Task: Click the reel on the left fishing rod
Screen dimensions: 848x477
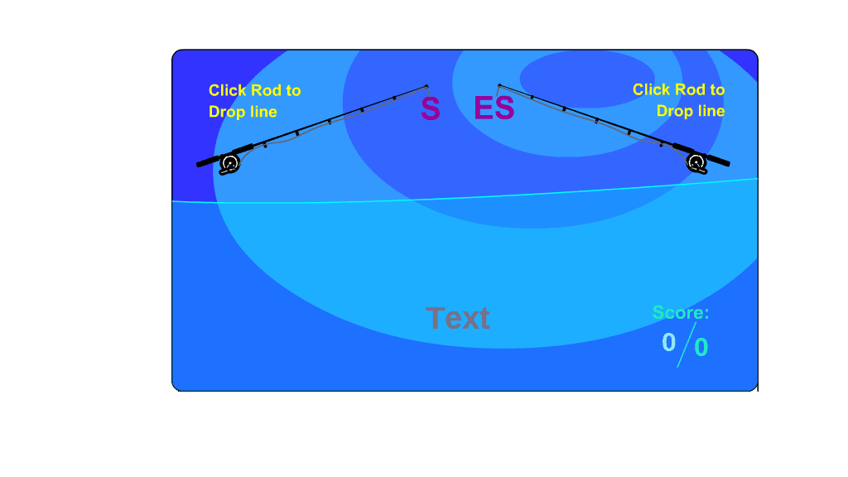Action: tap(230, 163)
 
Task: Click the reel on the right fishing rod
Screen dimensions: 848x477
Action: tap(696, 163)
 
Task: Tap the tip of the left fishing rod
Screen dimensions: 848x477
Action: tap(426, 86)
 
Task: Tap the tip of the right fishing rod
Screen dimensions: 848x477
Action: tap(499, 85)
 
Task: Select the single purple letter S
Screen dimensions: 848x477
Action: tap(431, 108)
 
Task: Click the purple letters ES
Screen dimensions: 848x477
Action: tap(494, 108)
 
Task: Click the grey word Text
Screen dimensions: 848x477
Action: tap(457, 318)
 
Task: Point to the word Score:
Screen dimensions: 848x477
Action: tap(681, 312)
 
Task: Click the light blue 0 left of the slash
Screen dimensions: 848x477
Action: tap(669, 342)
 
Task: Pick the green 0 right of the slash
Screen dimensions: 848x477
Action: tap(701, 347)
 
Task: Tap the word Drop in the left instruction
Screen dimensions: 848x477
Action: tap(227, 112)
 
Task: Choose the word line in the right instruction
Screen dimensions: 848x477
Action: tap(710, 111)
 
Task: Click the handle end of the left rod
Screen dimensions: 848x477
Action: tap(199, 165)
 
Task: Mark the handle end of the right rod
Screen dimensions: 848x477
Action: tap(728, 163)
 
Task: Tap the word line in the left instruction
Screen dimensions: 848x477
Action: tap(263, 112)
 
